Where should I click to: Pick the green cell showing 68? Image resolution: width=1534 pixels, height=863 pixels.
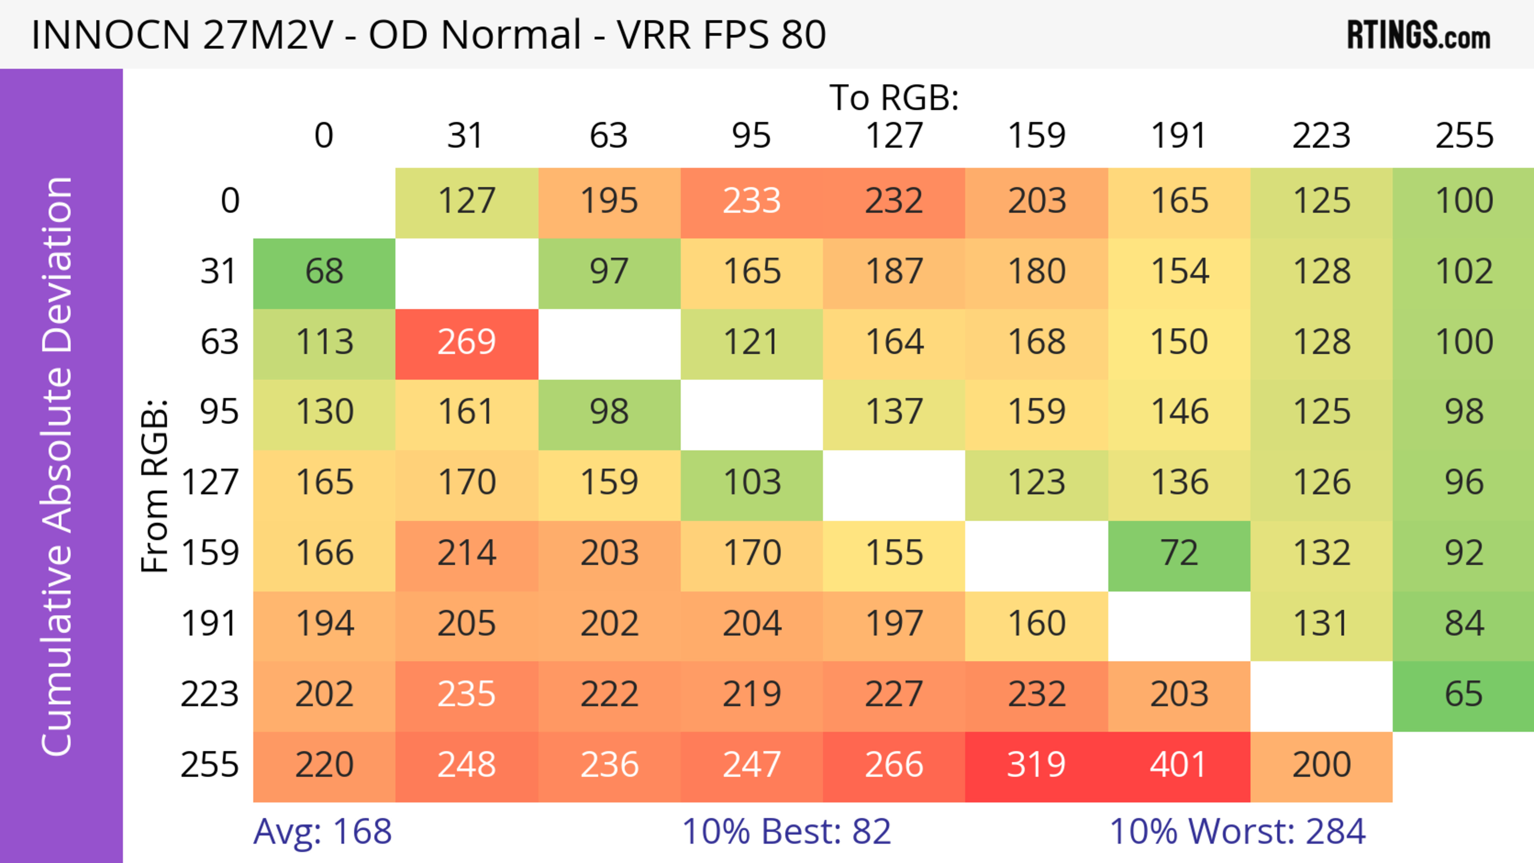[324, 272]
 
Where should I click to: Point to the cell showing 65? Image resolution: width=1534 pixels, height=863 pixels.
[1463, 694]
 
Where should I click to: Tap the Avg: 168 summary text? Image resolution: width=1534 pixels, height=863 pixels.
[322, 831]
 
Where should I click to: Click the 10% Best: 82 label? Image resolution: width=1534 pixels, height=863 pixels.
[786, 831]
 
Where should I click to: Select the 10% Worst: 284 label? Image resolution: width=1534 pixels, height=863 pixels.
[1238, 831]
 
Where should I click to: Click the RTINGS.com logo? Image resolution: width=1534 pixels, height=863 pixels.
[1419, 35]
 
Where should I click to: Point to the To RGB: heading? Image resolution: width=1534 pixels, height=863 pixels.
[894, 97]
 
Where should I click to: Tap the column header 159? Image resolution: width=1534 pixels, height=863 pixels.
[1036, 136]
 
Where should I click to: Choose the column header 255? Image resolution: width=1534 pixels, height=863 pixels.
[1464, 136]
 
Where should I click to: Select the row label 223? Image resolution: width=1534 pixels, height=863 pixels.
[210, 694]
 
